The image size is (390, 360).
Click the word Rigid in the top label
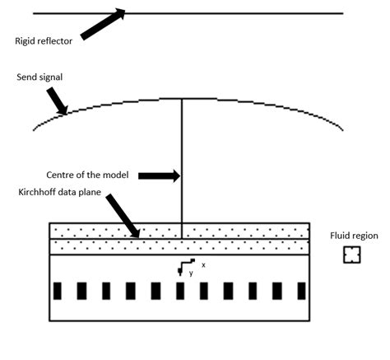point(26,40)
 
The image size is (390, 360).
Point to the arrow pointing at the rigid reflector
point(104,24)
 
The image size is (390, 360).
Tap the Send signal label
point(39,77)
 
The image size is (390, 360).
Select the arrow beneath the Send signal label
point(57,101)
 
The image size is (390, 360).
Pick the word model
point(121,175)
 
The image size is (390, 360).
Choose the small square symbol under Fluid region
point(351,255)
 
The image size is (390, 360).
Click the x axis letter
point(202,264)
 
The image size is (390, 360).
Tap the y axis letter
point(191,273)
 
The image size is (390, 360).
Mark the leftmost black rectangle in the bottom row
point(58,291)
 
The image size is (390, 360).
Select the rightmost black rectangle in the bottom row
point(301,291)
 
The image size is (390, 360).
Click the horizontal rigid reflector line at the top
point(247,13)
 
